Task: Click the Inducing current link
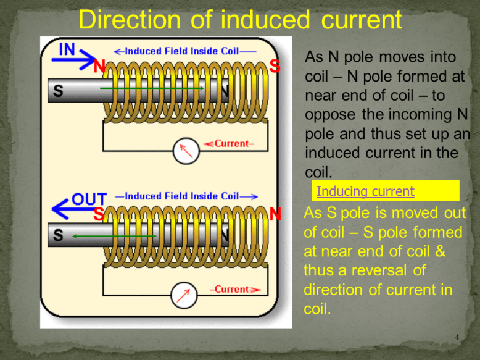coord(365,191)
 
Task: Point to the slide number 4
coord(457,337)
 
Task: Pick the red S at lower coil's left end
coord(99,215)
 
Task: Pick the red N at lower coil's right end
coord(275,215)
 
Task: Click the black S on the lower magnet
coord(57,236)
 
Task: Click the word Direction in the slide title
coord(127,20)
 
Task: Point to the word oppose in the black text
coord(330,114)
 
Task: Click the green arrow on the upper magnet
coord(151,88)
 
